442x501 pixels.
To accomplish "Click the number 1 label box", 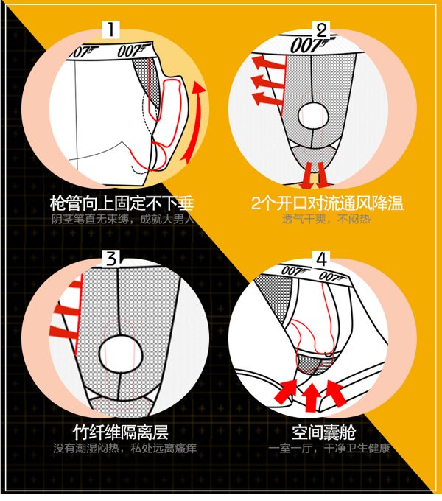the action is click(x=110, y=29).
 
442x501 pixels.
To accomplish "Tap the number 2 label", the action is click(x=321, y=31).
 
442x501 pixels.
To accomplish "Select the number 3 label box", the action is click(x=110, y=259).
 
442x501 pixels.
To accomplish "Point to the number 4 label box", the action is click(x=321, y=259).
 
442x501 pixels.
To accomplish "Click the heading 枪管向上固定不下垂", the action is click(x=122, y=203).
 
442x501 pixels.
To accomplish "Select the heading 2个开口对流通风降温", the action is click(x=327, y=203).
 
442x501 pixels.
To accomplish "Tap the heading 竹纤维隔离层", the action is click(x=121, y=432).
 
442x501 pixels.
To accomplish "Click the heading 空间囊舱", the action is click(x=324, y=432).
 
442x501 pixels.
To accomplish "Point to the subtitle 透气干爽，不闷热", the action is click(x=326, y=220).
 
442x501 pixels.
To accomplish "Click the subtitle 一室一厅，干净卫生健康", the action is click(x=329, y=448).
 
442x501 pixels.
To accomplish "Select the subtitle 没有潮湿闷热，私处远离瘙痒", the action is click(x=124, y=448).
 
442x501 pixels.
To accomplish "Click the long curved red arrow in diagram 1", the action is click(x=195, y=122).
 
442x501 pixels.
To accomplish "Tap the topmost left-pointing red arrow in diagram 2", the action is click(x=267, y=62).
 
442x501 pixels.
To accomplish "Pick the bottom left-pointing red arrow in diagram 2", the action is click(x=267, y=98).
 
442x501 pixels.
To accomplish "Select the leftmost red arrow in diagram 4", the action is click(x=286, y=390).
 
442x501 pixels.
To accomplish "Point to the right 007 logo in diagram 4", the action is click(x=333, y=276).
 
